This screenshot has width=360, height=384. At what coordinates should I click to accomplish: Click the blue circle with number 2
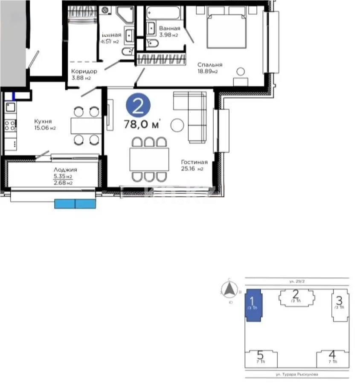[x=138, y=105]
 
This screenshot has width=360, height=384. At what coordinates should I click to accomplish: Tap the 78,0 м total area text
[x=142, y=125]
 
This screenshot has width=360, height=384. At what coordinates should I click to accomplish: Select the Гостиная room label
[x=194, y=162]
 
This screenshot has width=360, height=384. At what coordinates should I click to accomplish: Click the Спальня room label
[x=209, y=65]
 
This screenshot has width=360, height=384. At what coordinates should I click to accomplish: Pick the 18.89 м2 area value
[x=207, y=72]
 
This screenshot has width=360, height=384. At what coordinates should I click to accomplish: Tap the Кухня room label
[x=43, y=121]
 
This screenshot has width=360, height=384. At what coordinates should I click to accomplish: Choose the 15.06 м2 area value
[x=45, y=128]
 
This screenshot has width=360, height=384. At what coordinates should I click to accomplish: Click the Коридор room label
[x=84, y=71]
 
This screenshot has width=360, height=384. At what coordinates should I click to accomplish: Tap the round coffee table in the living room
[x=177, y=125]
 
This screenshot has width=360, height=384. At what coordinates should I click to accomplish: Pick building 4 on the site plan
[x=332, y=357]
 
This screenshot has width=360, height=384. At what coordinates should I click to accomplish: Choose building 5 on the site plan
[x=260, y=357]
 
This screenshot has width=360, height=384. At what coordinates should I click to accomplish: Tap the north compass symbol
[x=230, y=290]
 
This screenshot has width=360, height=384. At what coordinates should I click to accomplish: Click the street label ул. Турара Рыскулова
[x=297, y=374]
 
